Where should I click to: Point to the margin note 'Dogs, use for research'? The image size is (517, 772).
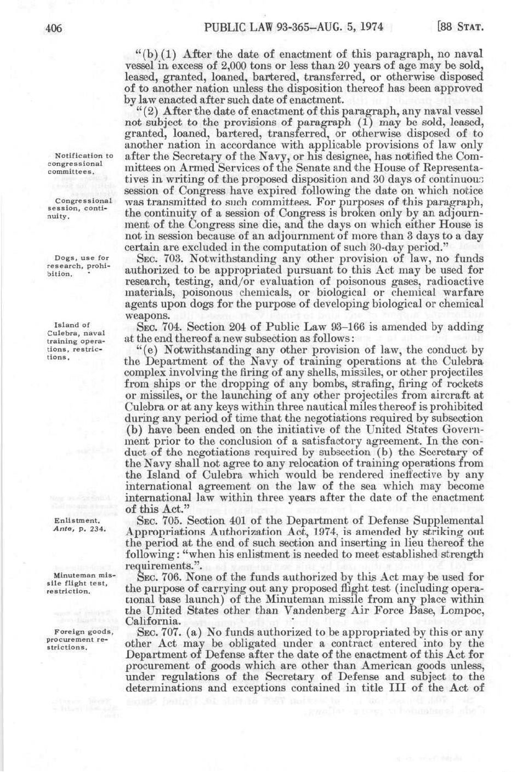click(x=75, y=266)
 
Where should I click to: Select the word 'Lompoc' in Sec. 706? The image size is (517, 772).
click(x=465, y=610)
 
